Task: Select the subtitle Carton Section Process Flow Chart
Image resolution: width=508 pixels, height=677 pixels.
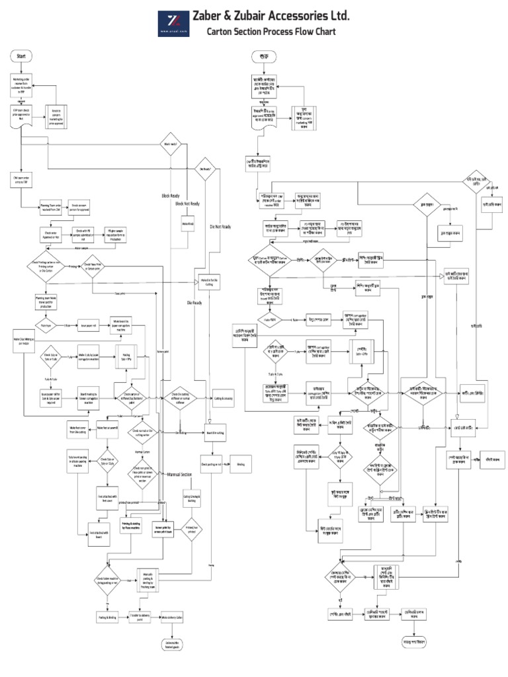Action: pos(271,32)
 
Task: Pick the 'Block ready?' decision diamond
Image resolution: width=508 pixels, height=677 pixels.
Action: pos(171,143)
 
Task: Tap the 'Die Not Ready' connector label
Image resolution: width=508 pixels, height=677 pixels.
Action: pos(222,226)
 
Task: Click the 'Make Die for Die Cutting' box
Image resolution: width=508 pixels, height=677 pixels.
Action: pos(206,280)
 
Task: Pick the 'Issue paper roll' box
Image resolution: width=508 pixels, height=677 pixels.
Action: pos(88,326)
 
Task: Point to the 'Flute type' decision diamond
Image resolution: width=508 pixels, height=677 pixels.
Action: pos(48,326)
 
